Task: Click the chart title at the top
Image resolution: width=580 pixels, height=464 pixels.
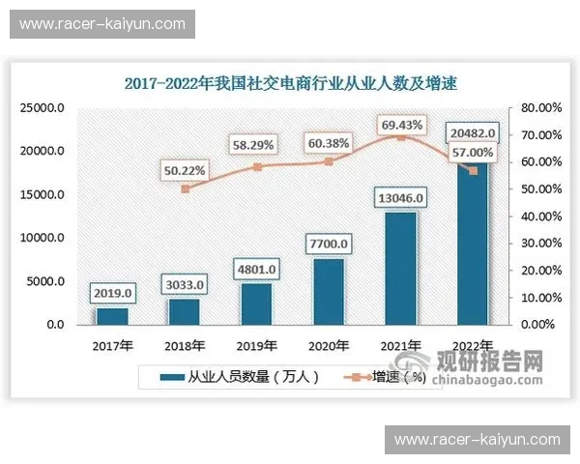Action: click(x=290, y=84)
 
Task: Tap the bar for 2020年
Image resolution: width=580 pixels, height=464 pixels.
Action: click(x=329, y=291)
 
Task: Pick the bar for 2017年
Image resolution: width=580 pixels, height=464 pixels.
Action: click(x=111, y=315)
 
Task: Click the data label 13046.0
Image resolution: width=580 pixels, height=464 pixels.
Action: click(x=400, y=198)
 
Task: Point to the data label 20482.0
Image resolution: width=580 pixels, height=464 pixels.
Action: click(x=473, y=133)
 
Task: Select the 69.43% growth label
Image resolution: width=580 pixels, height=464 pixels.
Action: click(x=401, y=125)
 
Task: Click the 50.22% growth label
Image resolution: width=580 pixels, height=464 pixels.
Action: click(x=185, y=170)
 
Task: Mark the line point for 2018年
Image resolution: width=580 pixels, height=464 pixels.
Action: click(x=185, y=188)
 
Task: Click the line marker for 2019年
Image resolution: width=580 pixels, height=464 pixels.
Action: click(x=256, y=167)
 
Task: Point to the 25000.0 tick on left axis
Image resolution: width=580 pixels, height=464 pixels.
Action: click(x=43, y=109)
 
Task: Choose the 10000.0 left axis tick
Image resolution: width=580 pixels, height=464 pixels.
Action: click(x=43, y=238)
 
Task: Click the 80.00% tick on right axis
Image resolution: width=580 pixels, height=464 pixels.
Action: click(x=536, y=109)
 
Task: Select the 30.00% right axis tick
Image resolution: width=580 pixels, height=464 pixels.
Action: click(x=536, y=244)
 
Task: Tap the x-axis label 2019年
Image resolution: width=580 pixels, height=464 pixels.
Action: click(x=256, y=344)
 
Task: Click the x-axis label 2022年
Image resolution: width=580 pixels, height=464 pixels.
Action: click(x=473, y=344)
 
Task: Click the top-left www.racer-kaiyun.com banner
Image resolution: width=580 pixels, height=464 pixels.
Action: click(x=101, y=23)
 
